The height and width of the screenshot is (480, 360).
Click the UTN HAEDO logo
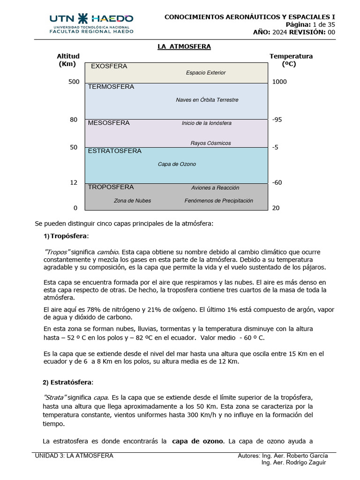91,23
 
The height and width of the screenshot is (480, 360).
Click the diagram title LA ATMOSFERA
184,46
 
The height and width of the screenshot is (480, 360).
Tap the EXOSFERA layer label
109,67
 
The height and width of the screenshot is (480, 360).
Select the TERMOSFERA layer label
111,87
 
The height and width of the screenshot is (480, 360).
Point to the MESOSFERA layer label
109,123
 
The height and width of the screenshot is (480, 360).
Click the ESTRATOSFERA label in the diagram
115,151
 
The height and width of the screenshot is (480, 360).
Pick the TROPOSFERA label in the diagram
111,187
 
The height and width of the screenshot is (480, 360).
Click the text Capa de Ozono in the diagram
177,165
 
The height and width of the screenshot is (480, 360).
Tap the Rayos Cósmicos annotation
210,143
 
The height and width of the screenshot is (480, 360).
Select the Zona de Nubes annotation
132,201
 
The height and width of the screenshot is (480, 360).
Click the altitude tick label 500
74,82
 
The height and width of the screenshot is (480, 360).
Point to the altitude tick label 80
74,120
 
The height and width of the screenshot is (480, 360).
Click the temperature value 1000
279,82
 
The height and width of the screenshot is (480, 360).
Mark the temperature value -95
277,120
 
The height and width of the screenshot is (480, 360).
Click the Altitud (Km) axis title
68,60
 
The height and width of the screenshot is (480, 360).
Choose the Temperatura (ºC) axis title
291,60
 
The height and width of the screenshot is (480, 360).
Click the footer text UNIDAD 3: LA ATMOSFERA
74,456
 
